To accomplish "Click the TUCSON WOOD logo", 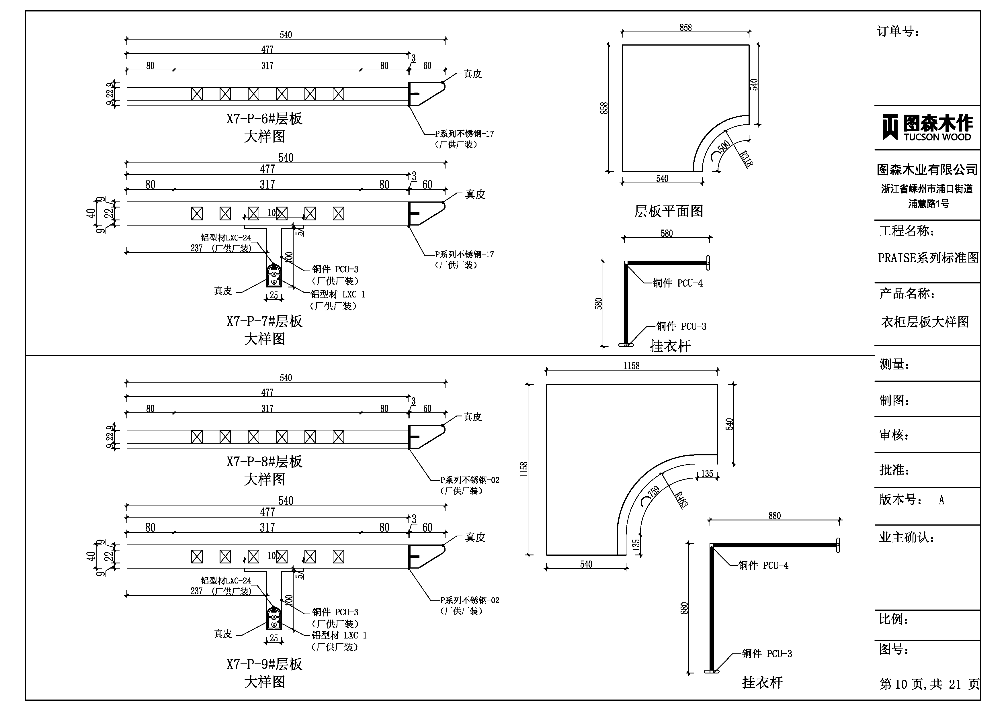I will click(927, 128).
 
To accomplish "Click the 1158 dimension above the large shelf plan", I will click(631, 366).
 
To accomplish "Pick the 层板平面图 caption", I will click(668, 211).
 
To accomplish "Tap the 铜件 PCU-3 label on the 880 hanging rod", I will click(767, 654).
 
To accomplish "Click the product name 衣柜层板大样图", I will click(925, 322).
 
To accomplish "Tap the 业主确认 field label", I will click(906, 538).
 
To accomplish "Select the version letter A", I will click(941, 500).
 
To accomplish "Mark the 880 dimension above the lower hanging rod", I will click(774, 516).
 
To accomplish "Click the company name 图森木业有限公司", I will click(927, 170).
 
